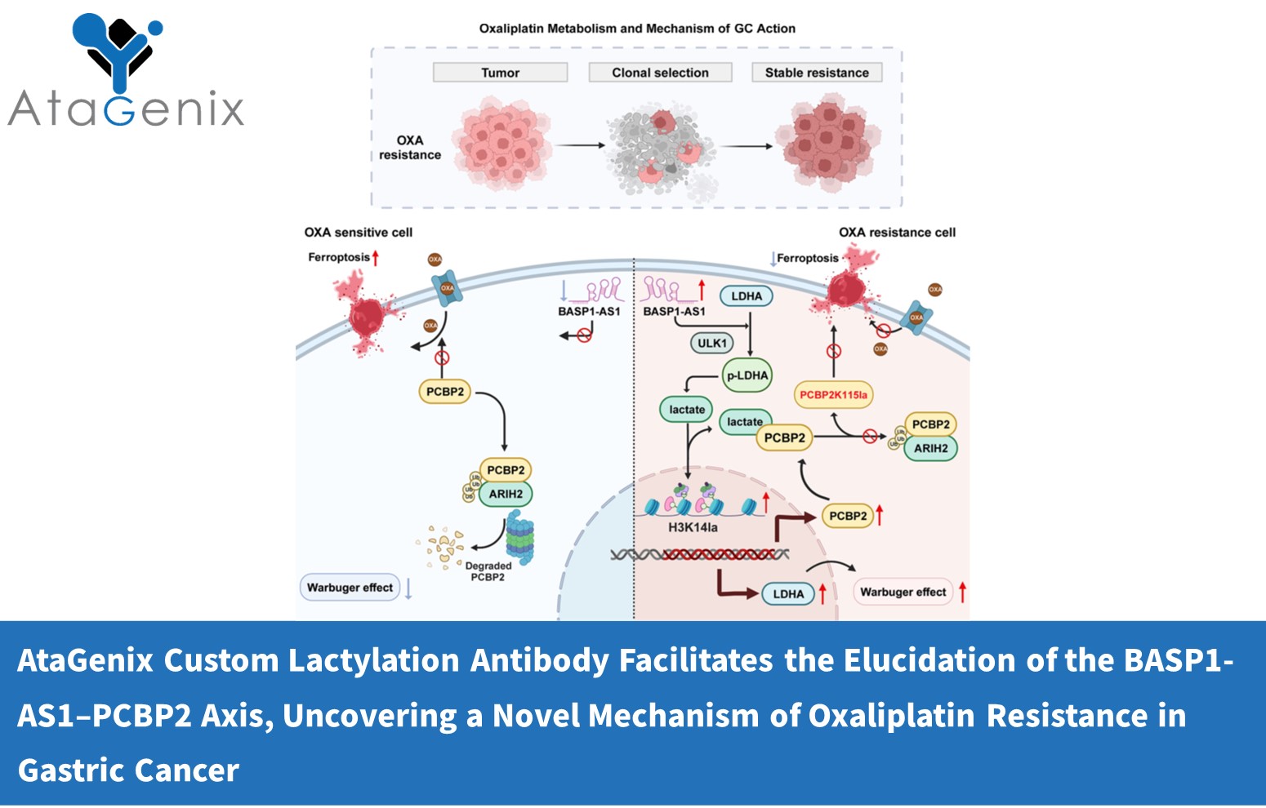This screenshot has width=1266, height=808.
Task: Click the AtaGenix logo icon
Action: (118, 51)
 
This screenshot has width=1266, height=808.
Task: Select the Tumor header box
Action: (500, 73)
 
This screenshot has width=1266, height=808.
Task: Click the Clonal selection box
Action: (660, 73)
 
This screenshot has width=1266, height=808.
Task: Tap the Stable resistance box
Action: (817, 73)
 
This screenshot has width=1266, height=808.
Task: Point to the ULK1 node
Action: (711, 344)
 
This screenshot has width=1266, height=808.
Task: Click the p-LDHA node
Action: (747, 375)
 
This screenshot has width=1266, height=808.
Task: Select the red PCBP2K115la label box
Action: (833, 395)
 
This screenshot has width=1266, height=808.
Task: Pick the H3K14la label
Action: (693, 527)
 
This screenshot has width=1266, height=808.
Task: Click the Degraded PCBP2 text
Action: (488, 571)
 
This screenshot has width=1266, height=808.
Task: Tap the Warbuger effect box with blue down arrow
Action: (350, 588)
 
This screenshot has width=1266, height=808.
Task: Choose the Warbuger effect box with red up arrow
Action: (903, 592)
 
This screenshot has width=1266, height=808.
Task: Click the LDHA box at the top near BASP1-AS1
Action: (746, 296)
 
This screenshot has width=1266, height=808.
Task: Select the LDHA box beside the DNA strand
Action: (788, 594)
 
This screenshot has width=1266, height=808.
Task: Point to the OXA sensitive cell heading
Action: (359, 233)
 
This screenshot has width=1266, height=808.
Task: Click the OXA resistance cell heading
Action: (897, 233)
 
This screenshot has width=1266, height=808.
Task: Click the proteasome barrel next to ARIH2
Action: (519, 537)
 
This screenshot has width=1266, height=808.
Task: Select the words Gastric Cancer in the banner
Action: (128, 770)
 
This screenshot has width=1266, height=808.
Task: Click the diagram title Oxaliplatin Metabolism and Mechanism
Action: (637, 29)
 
